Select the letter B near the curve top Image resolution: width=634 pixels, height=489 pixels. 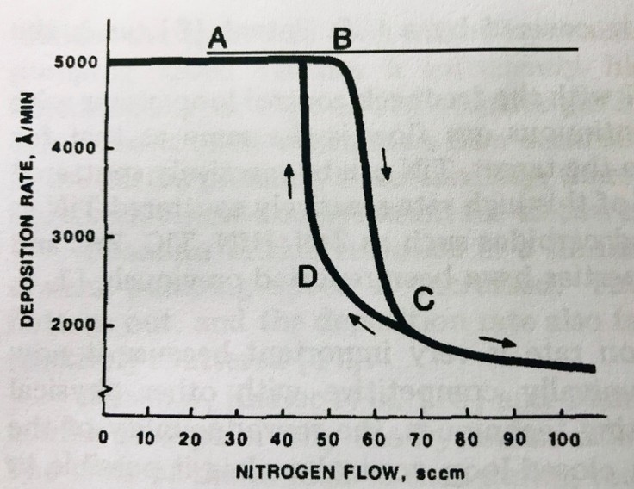click(x=342, y=39)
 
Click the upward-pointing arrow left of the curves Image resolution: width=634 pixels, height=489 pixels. click(x=289, y=180)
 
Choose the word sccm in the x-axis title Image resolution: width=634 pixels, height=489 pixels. click(x=440, y=471)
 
